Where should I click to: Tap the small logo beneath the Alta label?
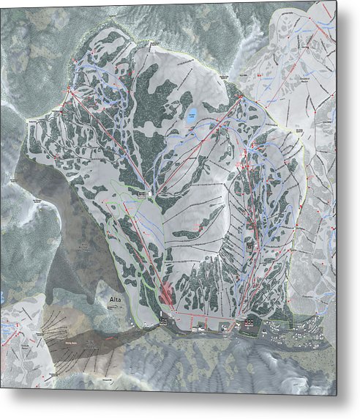click(x=114, y=308)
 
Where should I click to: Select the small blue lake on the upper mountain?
click(x=190, y=115)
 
